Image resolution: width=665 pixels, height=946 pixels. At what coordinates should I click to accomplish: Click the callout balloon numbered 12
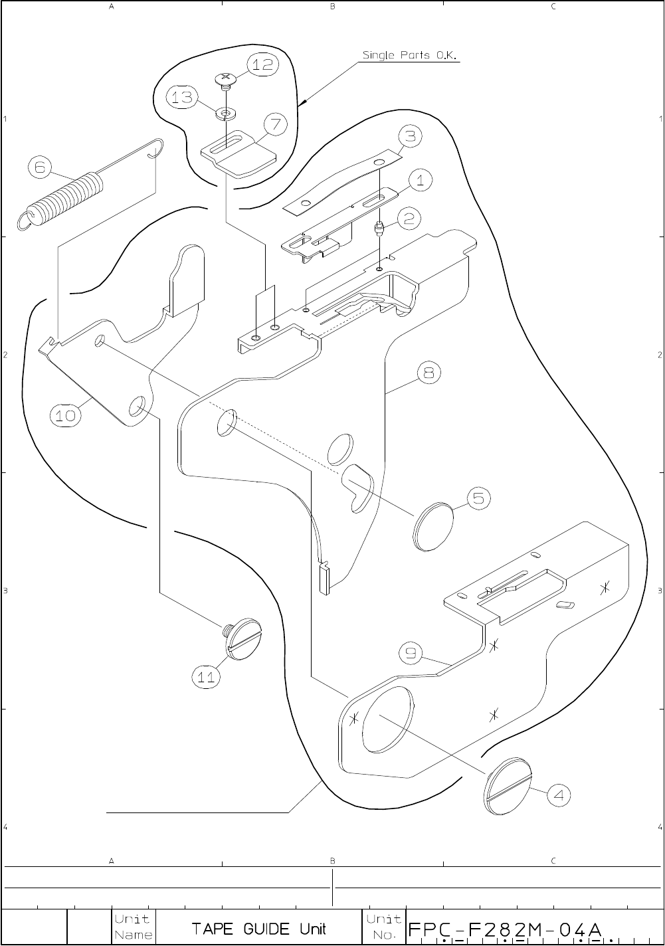pyautogui.click(x=263, y=64)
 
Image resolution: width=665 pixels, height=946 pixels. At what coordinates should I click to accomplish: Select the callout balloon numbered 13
pyautogui.click(x=181, y=98)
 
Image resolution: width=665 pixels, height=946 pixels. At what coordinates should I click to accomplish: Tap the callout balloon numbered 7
pyautogui.click(x=275, y=124)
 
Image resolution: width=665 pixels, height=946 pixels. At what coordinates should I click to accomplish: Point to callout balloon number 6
pyautogui.click(x=41, y=167)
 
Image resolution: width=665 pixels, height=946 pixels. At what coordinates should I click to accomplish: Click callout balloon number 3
pyautogui.click(x=411, y=137)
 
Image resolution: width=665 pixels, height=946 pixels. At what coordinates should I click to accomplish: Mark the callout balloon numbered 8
pyautogui.click(x=428, y=373)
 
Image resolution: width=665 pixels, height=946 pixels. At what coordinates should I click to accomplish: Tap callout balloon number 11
pyautogui.click(x=207, y=677)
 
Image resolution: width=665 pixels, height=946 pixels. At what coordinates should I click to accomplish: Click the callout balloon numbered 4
pyautogui.click(x=560, y=794)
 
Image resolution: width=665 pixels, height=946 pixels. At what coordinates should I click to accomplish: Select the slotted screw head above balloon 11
pyautogui.click(x=244, y=639)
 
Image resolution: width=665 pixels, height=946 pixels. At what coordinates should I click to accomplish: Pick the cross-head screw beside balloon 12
pyautogui.click(x=226, y=80)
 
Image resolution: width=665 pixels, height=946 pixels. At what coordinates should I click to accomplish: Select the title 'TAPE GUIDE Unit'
pyautogui.click(x=258, y=928)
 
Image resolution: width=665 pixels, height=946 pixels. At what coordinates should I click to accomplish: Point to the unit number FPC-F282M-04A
pyautogui.click(x=506, y=928)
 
